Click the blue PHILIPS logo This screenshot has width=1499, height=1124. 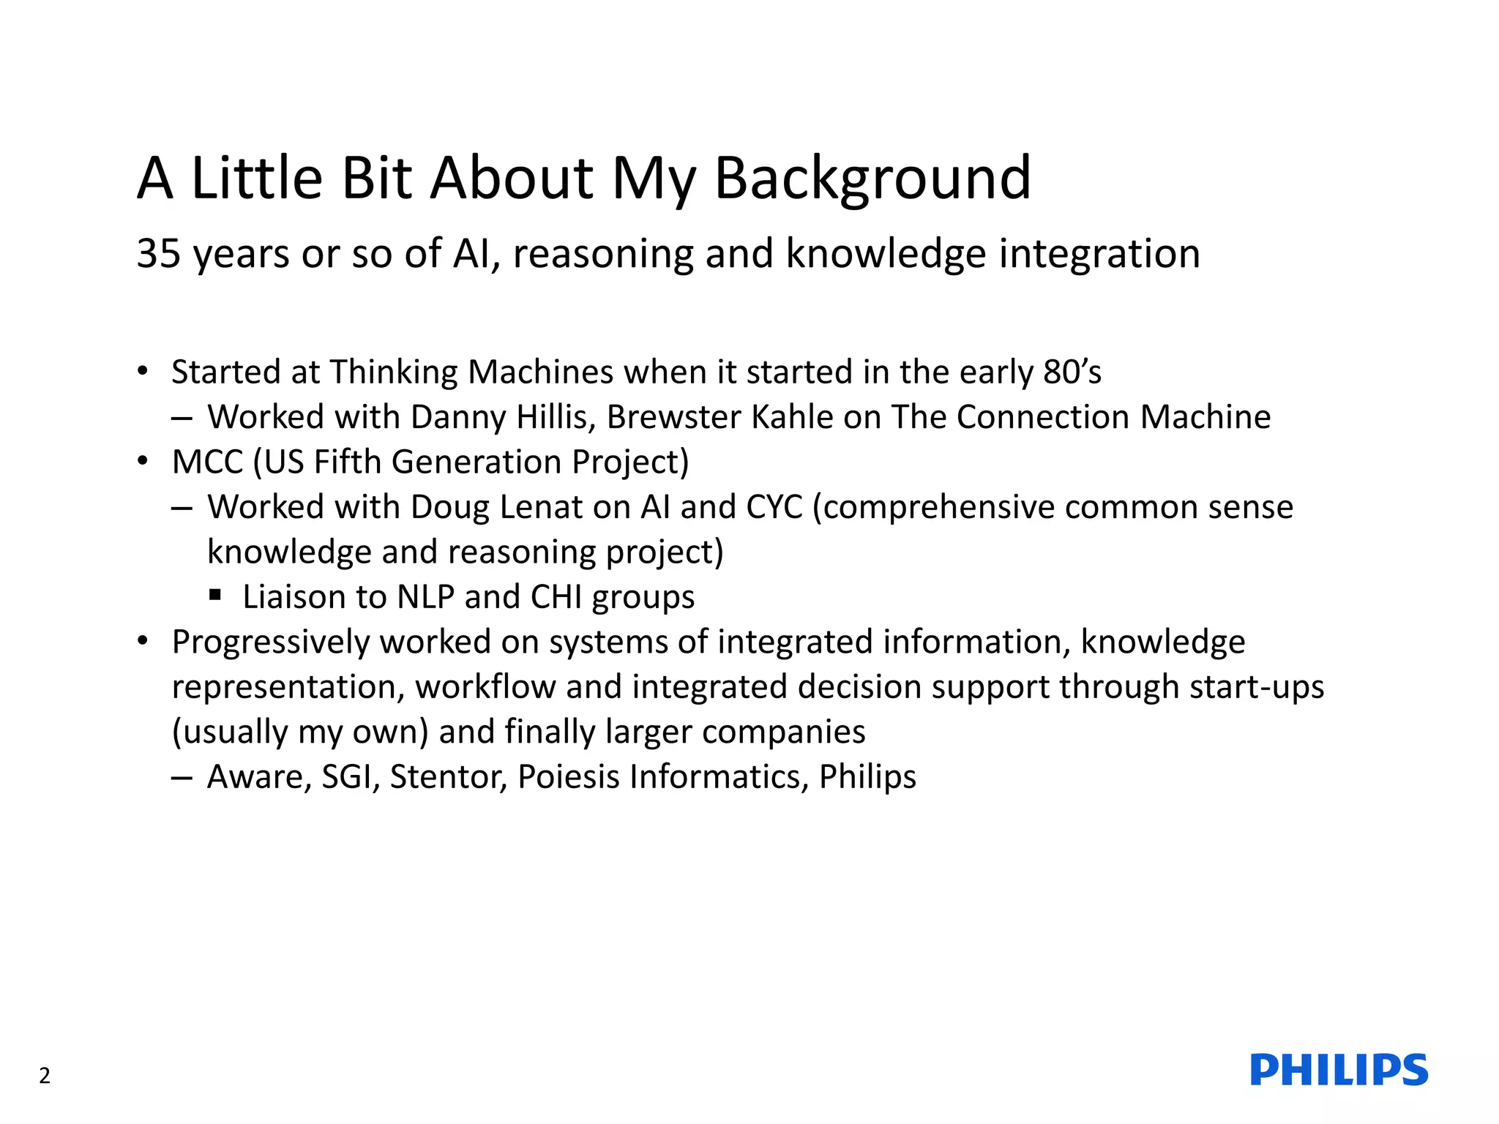(x=1339, y=1070)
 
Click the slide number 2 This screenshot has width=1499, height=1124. (x=45, y=1076)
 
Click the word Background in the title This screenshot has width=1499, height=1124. (x=872, y=179)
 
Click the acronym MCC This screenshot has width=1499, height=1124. (x=207, y=462)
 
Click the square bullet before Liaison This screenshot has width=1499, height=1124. (x=215, y=595)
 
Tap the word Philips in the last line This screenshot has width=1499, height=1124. (x=867, y=777)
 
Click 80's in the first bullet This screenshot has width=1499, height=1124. (x=1072, y=372)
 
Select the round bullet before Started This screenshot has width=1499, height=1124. (x=143, y=371)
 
